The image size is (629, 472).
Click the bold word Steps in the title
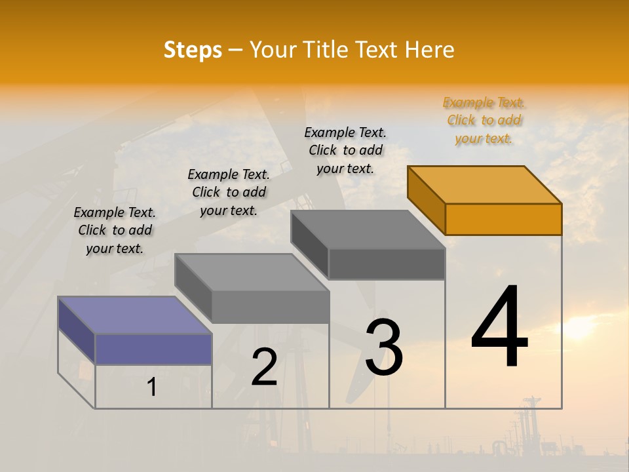(x=193, y=50)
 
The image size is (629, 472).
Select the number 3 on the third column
(x=383, y=347)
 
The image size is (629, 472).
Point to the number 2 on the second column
(x=264, y=367)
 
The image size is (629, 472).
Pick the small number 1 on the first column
(x=152, y=387)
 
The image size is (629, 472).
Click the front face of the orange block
(x=503, y=219)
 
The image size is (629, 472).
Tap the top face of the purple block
(x=135, y=315)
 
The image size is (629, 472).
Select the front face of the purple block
(x=153, y=349)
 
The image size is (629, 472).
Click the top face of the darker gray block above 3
(x=368, y=229)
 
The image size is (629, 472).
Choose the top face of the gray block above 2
(x=252, y=272)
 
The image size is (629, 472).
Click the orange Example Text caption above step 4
(x=484, y=120)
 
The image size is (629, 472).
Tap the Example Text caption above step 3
(x=345, y=150)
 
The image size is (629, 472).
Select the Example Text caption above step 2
(x=229, y=192)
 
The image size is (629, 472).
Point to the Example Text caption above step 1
(x=115, y=230)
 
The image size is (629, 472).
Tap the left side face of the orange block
(x=426, y=199)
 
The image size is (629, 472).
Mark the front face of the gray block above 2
(x=270, y=307)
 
